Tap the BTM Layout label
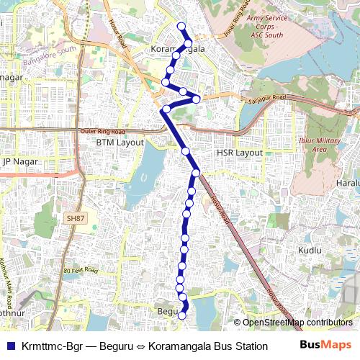120,143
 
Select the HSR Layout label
240,153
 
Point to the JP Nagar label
19,162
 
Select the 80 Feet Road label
79,271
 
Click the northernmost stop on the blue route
181,27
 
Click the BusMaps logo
325,346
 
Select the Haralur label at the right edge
347,183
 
